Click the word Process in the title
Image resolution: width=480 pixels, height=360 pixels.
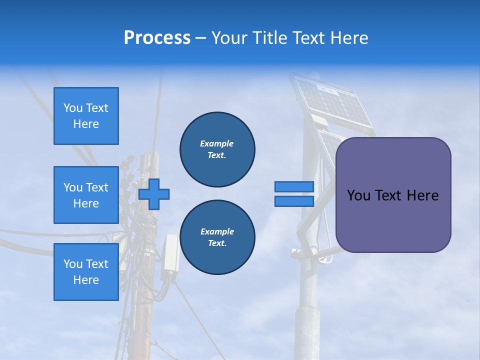coord(157,38)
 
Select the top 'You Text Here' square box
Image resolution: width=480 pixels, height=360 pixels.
coord(86,116)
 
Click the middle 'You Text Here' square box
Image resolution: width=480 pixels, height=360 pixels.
coord(86,195)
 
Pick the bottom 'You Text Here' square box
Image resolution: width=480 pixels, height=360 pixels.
coord(86,272)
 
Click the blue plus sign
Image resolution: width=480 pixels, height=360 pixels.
coord(154,194)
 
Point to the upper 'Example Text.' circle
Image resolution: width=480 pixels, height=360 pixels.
coord(217,149)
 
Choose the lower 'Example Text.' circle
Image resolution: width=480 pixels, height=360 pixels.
coord(217,237)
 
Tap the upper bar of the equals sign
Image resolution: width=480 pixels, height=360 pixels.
coord(294,186)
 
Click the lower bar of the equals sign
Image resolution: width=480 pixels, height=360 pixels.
coord(294,201)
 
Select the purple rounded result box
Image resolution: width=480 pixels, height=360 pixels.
coord(393,195)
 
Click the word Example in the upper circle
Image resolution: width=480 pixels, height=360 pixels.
coord(216,143)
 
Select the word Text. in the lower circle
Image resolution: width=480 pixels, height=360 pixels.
coord(216,243)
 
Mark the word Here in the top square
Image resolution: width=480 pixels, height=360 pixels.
coord(86,124)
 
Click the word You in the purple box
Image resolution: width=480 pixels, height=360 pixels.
coord(358,195)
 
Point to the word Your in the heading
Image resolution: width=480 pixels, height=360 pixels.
coord(229,38)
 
